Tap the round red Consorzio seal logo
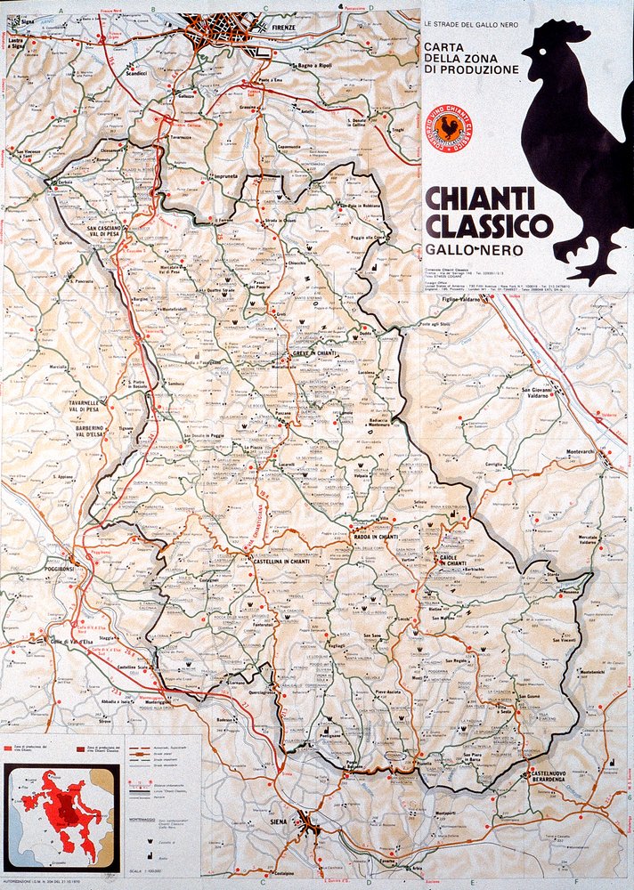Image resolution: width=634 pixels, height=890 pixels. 452,129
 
